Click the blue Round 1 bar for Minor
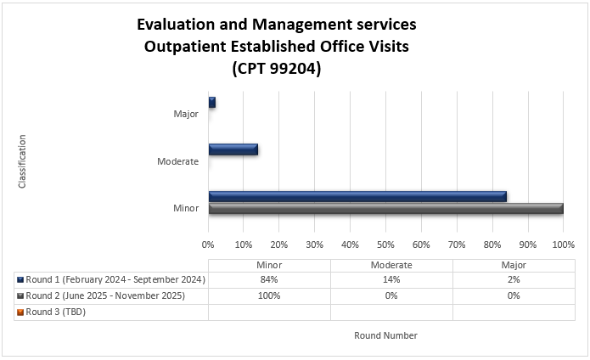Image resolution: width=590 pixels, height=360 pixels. (x=357, y=196)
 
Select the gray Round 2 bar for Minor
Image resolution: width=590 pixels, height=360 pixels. (x=385, y=208)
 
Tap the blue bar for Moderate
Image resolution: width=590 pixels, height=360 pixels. (x=233, y=149)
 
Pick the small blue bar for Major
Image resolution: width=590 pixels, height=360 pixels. (x=212, y=102)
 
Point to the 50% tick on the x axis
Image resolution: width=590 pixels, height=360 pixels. (x=386, y=245)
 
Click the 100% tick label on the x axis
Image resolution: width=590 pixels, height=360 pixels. (x=563, y=245)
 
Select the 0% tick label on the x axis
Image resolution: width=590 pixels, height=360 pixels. (x=209, y=245)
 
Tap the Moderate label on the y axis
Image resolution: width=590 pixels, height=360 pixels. (x=177, y=161)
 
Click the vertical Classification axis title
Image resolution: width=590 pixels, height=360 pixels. (x=22, y=160)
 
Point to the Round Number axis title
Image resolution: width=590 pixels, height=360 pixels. (x=385, y=335)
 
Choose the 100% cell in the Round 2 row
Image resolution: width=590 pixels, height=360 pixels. (x=269, y=295)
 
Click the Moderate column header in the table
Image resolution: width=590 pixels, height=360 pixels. (x=391, y=265)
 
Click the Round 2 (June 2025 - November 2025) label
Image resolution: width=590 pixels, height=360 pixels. (x=105, y=295)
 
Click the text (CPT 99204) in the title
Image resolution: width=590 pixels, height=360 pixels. (x=277, y=69)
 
